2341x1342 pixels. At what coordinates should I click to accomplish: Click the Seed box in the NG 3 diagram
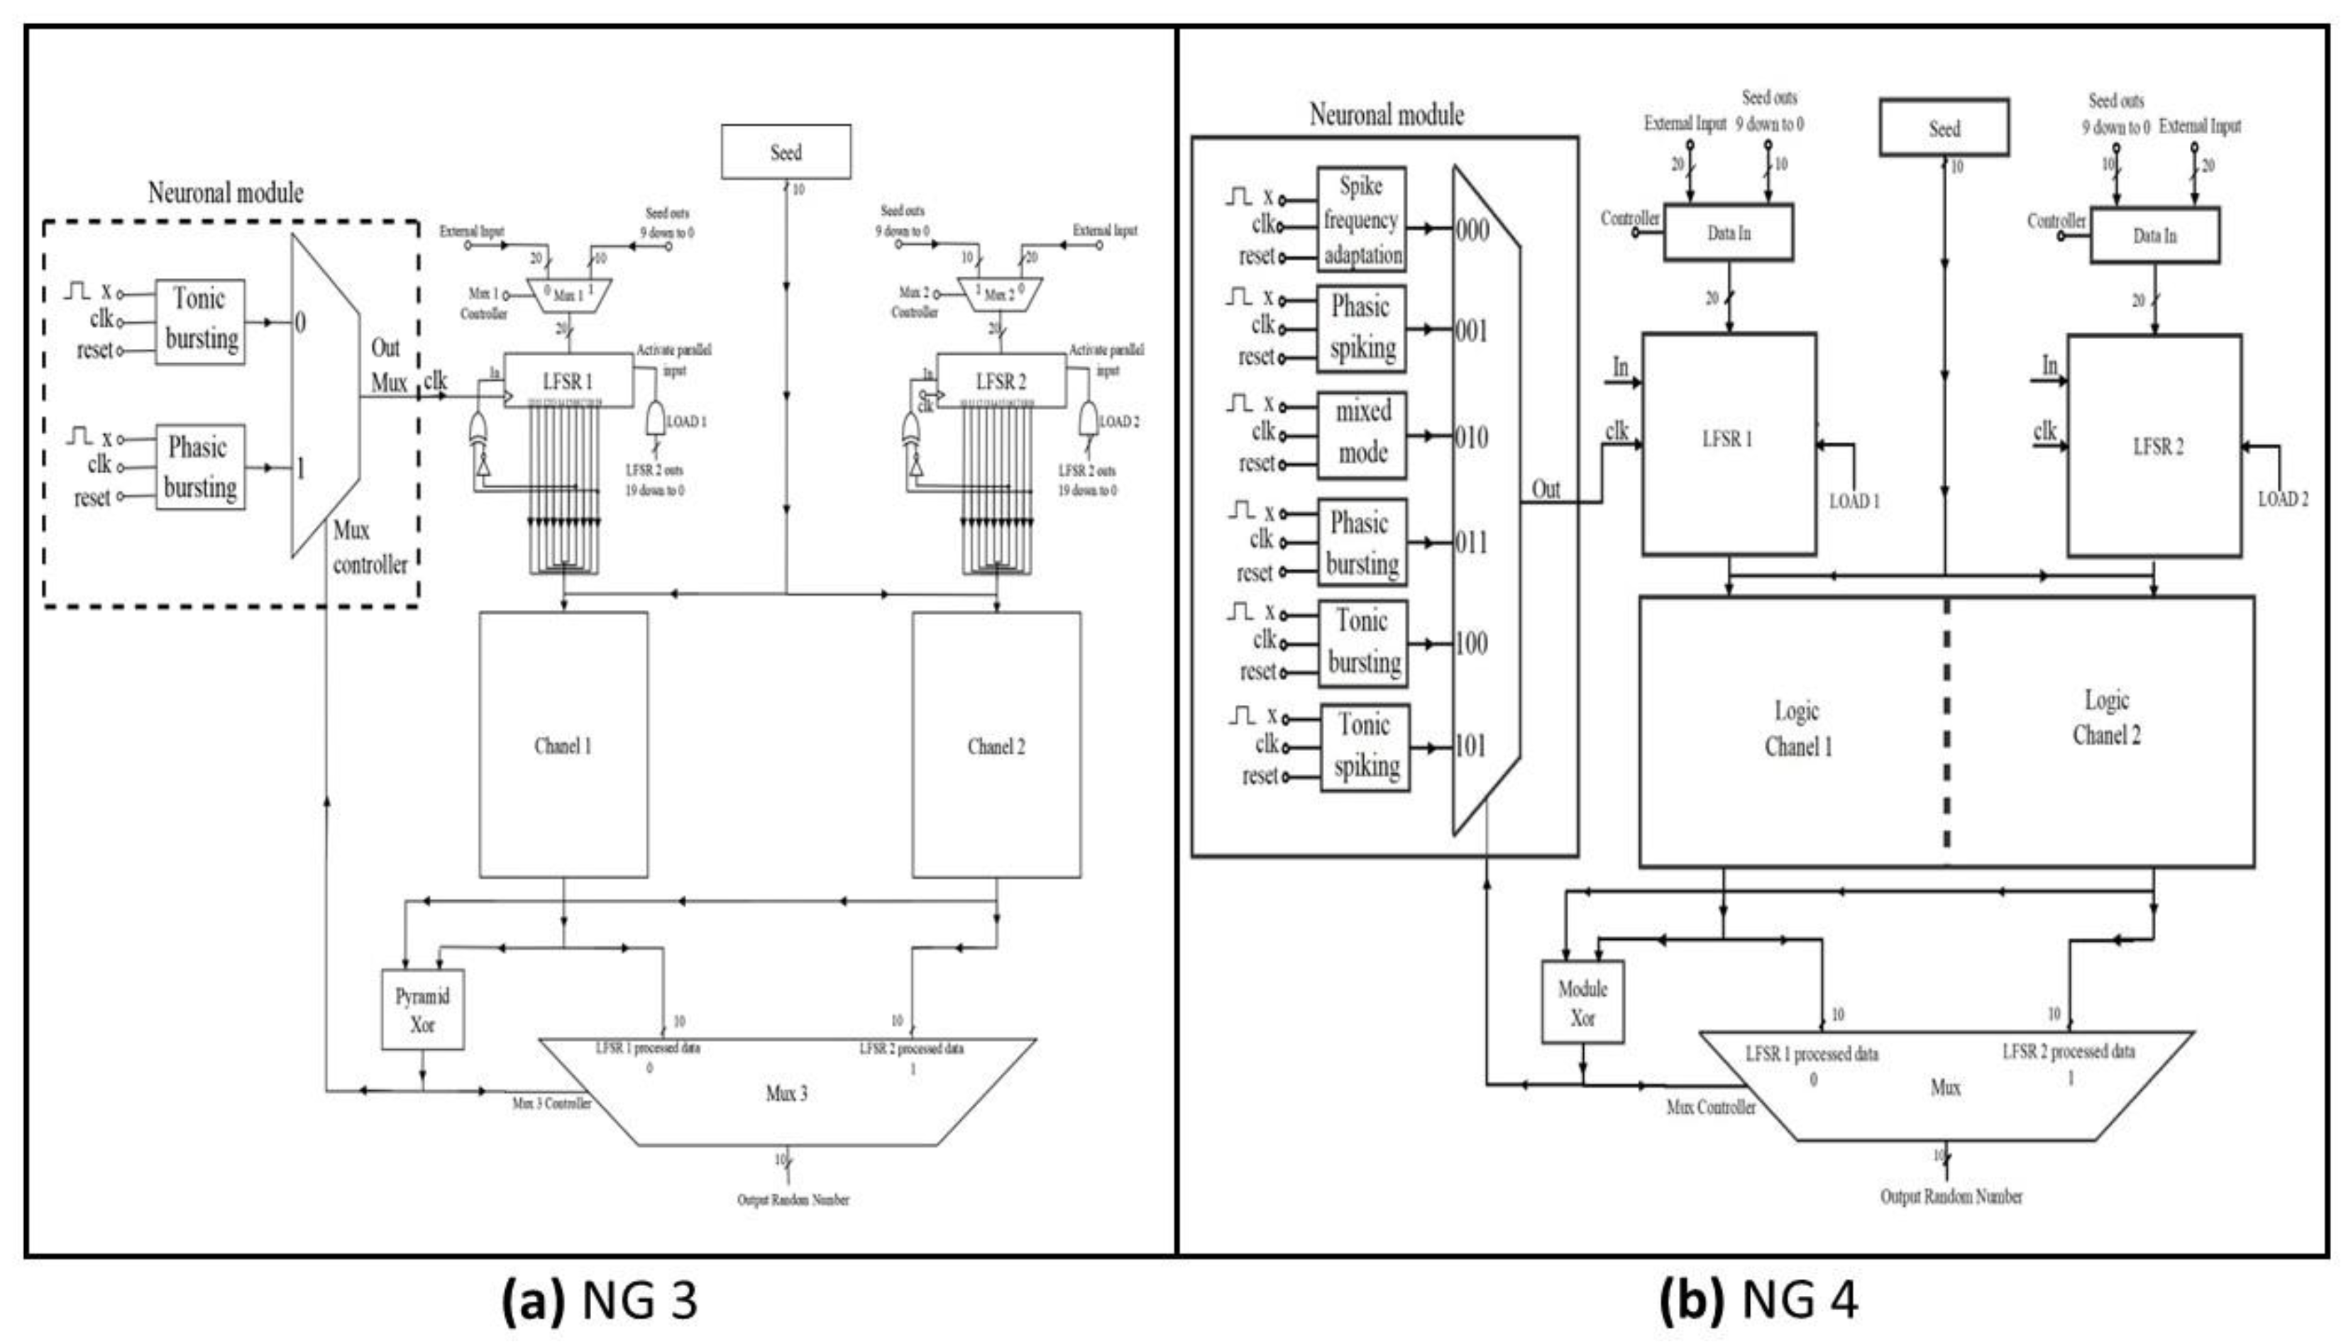coord(786,152)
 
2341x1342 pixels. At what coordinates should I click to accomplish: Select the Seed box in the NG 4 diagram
coord(1944,128)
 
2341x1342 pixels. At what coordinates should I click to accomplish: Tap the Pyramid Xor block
coord(422,1010)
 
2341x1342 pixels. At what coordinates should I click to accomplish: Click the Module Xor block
coord(1582,1003)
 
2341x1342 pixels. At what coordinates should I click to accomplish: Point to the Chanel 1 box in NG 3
coord(563,745)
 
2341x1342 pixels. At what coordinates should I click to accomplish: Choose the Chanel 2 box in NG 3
coord(996,745)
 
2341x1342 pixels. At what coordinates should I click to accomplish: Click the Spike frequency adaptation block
coord(1361,219)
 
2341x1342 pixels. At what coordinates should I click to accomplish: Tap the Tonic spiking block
coord(1365,747)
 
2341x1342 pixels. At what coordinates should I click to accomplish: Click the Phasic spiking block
coord(1361,329)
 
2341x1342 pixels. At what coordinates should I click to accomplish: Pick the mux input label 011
coord(1472,543)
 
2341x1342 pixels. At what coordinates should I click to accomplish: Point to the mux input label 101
coord(1472,745)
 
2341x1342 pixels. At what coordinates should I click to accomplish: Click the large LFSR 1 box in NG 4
coord(1729,443)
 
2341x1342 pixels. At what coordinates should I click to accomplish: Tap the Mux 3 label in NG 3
coord(786,1093)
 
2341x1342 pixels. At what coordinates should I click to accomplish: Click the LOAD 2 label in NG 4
coord(2283,499)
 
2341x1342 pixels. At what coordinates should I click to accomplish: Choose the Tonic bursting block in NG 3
coord(200,321)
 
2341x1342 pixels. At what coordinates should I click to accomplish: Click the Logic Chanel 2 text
coord(2107,718)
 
